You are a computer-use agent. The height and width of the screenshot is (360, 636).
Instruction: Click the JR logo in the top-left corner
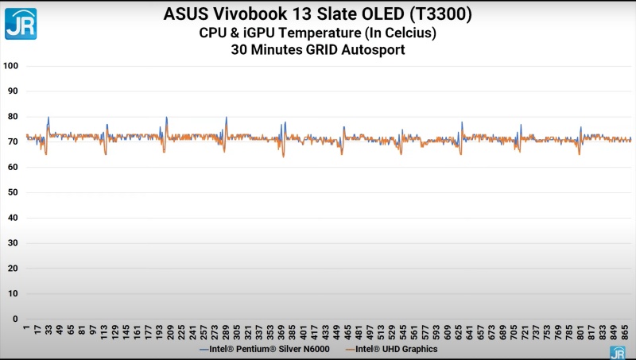point(20,22)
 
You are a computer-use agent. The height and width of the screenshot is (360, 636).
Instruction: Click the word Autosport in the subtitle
point(375,50)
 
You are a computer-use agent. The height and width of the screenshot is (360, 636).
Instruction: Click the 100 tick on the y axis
point(10,66)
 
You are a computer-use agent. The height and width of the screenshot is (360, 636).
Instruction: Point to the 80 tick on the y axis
point(12,117)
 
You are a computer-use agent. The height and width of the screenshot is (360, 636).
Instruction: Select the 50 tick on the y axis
point(12,192)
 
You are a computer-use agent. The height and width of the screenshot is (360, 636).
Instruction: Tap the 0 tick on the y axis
point(14,319)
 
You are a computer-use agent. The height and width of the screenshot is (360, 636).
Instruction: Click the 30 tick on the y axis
point(12,243)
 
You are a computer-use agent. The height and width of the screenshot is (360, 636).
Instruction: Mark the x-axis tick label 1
point(26,328)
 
